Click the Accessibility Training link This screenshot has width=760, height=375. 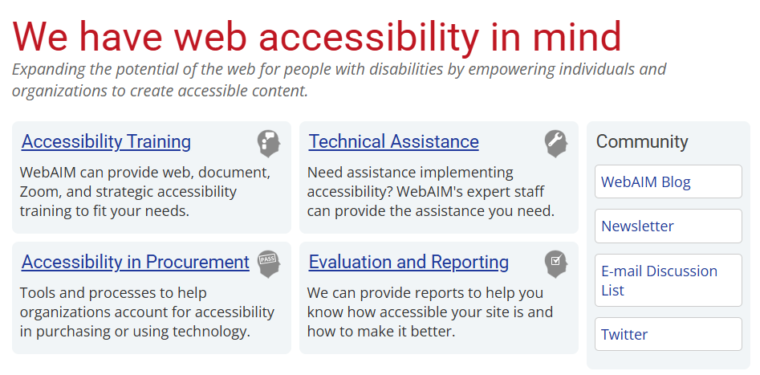106,142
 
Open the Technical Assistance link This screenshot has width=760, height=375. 393,142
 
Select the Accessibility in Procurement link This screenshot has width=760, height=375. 135,263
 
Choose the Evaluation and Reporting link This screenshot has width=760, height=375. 408,263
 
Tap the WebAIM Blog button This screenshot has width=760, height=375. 668,181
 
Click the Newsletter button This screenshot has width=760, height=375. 668,226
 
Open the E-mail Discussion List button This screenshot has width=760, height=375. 668,280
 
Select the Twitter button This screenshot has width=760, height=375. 668,334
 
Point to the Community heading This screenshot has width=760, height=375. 642,142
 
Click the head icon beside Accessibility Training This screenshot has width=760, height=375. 268,143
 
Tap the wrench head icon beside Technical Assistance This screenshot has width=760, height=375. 555,143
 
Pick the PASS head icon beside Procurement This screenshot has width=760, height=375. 268,263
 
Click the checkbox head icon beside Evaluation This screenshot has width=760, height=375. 555,263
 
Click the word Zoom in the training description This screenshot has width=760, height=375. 40,192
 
